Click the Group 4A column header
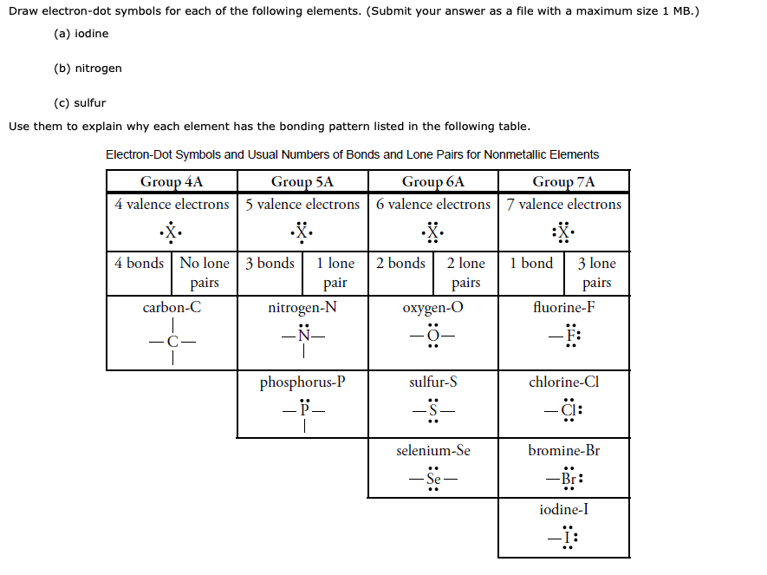coord(172,181)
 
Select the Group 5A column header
coord(302,181)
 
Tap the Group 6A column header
coord(432,181)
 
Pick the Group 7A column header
coord(563,181)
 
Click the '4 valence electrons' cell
coord(172,205)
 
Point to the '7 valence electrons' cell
coord(564,205)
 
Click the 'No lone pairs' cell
coord(205,272)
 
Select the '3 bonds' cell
coord(270,263)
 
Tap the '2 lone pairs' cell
coord(465,272)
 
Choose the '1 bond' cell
coord(531,263)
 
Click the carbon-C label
coord(172,307)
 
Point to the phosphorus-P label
coord(302,382)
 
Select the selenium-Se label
coord(433,450)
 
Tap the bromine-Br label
coord(564,450)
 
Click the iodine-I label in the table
coord(564,509)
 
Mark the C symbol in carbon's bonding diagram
coord(172,341)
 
